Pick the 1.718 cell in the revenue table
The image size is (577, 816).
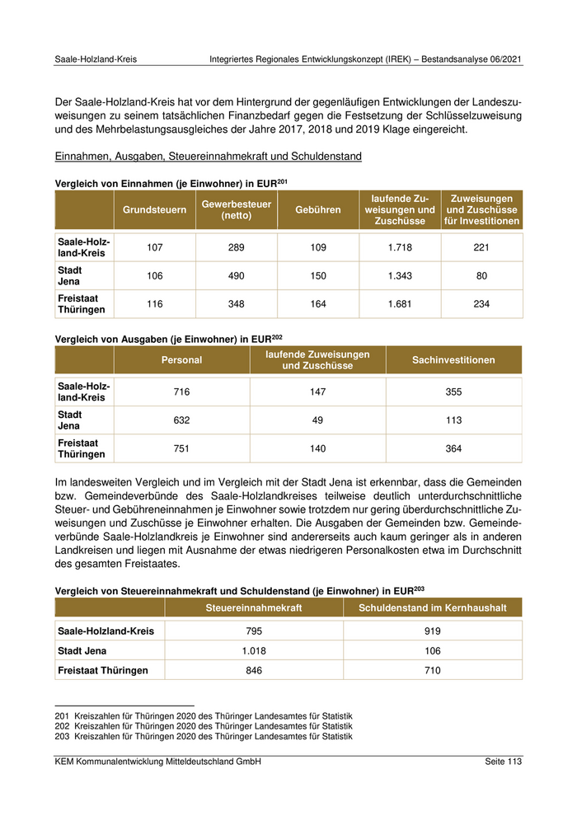tap(399, 247)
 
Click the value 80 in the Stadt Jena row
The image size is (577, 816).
tap(482, 276)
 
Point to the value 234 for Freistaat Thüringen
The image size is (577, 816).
tap(482, 304)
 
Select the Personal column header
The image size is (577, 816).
tap(181, 359)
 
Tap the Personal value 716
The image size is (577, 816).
tap(181, 392)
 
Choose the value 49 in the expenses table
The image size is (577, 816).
tap(317, 420)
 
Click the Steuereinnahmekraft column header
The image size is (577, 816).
tap(254, 608)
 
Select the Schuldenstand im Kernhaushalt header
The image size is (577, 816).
tap(433, 608)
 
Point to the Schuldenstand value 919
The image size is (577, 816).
tap(433, 631)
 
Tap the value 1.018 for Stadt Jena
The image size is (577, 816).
tap(254, 651)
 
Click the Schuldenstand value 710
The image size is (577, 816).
tap(433, 671)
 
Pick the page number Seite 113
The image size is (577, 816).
tap(504, 762)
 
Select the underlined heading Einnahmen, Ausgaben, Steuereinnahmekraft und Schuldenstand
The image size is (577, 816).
tap(208, 157)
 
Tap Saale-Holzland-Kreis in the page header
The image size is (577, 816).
tap(96, 60)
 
